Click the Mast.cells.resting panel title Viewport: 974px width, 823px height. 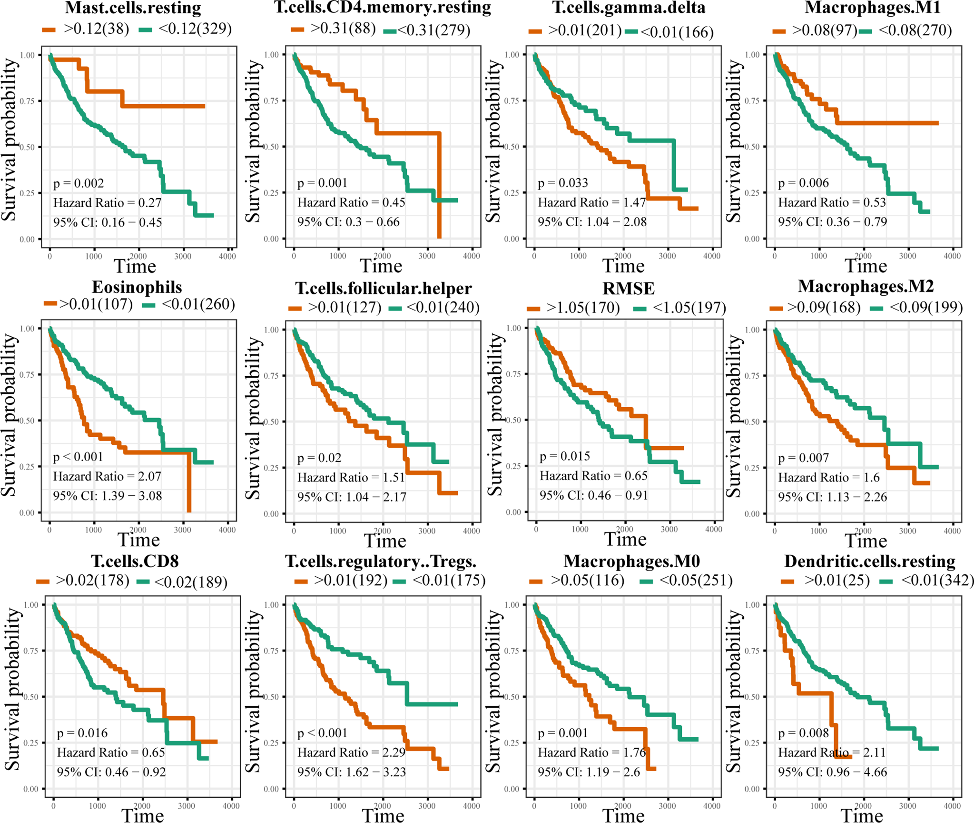pos(133,8)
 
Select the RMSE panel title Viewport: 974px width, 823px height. pos(629,288)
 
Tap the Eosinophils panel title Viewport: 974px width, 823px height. pos(137,287)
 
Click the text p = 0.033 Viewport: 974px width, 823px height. pos(563,183)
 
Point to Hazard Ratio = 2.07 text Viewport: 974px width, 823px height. pos(107,476)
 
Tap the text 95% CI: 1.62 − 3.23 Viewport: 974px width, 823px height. pos(352,772)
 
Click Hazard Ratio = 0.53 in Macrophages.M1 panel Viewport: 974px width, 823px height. pos(832,202)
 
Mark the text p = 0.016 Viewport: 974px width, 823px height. pos(82,733)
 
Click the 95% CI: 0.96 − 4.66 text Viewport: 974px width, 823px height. pos(832,772)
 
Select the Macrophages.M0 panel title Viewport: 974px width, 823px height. pos(632,561)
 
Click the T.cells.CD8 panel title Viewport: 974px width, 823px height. pos(135,561)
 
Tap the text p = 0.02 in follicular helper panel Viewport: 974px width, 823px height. pos(319,458)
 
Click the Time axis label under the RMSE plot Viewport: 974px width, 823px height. pos(625,539)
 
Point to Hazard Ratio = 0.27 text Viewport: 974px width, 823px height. pos(107,203)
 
